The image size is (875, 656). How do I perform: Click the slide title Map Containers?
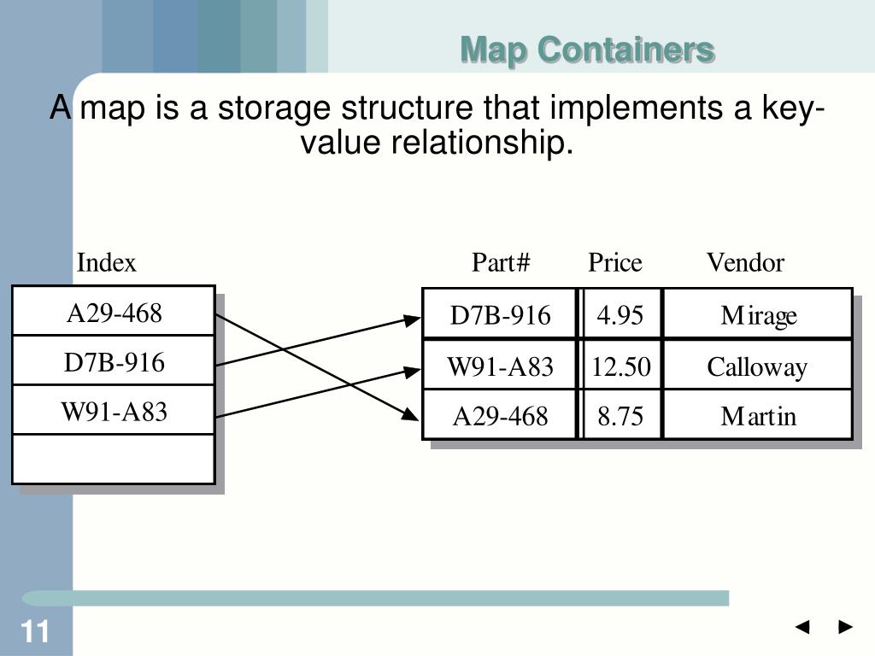587,50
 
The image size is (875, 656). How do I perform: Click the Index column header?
107,262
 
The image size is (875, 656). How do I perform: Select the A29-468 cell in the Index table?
114,313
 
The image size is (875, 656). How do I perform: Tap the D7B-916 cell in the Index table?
114,363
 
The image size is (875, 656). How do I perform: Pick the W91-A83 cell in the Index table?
114,413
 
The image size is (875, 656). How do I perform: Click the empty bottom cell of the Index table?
114,459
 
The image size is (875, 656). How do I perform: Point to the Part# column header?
501,262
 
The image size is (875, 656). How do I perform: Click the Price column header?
614,262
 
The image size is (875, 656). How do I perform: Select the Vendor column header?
745,262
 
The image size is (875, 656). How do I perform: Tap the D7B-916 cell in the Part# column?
501,316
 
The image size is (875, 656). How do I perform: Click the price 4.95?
620,316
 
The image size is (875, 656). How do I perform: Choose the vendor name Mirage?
758,316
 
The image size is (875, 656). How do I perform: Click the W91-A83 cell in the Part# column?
501,367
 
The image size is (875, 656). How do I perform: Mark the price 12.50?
621,367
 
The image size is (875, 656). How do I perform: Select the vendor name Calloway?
757,367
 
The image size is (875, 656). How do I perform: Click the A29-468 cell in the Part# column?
501,417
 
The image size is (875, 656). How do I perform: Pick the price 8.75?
620,417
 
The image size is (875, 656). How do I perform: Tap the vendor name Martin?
758,417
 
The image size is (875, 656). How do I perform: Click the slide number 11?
35,633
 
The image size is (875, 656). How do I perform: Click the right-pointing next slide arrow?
846,628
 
